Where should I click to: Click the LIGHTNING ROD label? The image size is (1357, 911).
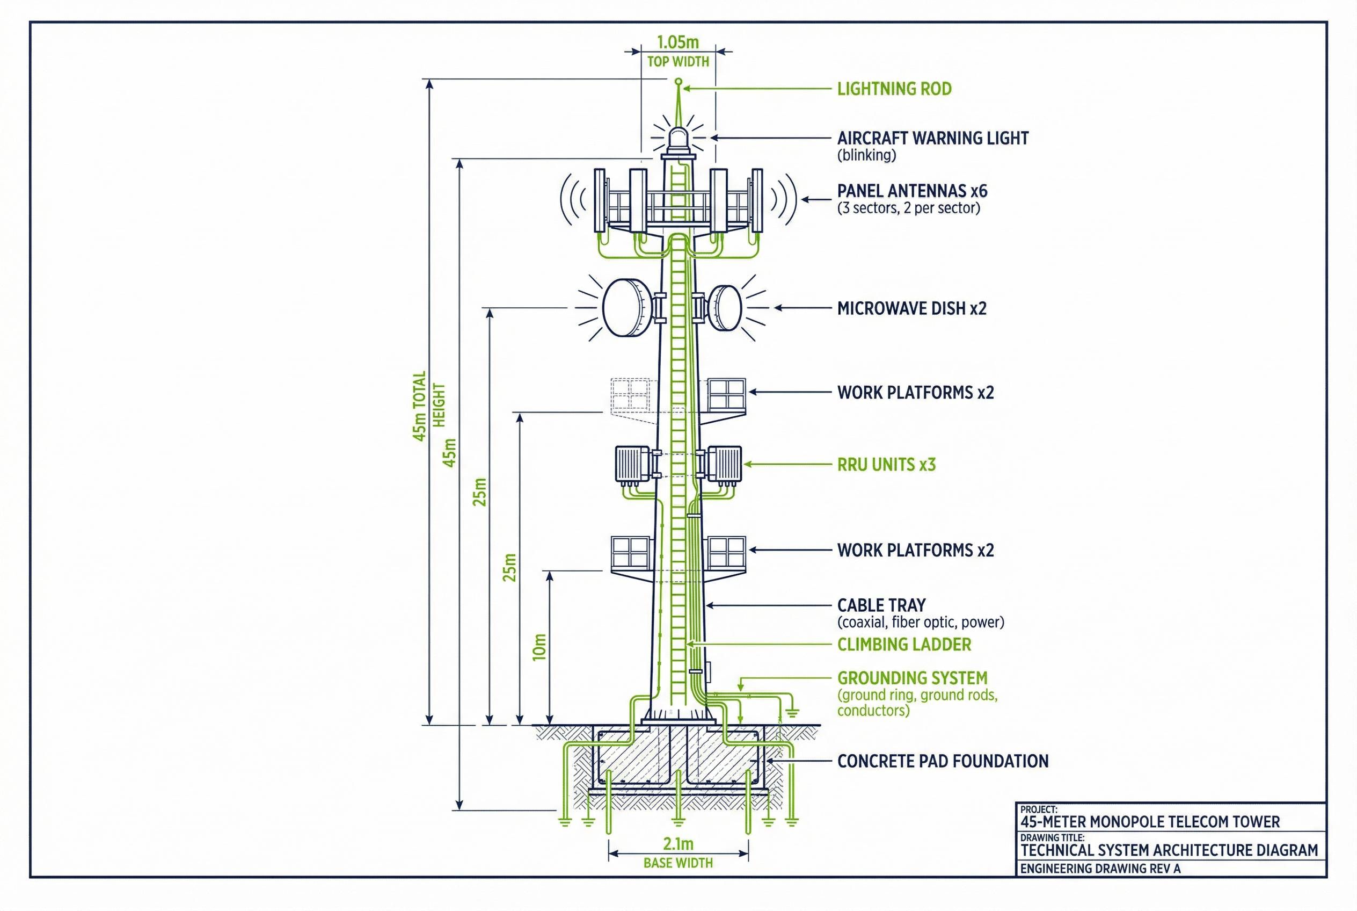[894, 89]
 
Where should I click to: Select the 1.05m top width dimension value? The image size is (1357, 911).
[677, 42]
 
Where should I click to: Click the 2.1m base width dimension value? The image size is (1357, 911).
[677, 844]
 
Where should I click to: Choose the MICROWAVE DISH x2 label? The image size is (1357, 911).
[911, 308]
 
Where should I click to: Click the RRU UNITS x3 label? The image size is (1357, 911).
[886, 465]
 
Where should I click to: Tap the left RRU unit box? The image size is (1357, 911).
[632, 464]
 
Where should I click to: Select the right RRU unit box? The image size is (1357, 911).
[724, 464]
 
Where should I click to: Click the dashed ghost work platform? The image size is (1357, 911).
[631, 396]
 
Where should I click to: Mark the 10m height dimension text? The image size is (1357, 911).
[539, 647]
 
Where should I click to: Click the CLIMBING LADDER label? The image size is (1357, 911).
[903, 645]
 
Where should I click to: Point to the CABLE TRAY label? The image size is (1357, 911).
[881, 605]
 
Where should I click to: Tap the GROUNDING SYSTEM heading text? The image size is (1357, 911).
[911, 678]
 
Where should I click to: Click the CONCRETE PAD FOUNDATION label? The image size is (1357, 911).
[943, 761]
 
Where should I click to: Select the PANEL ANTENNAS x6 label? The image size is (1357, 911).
[911, 191]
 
